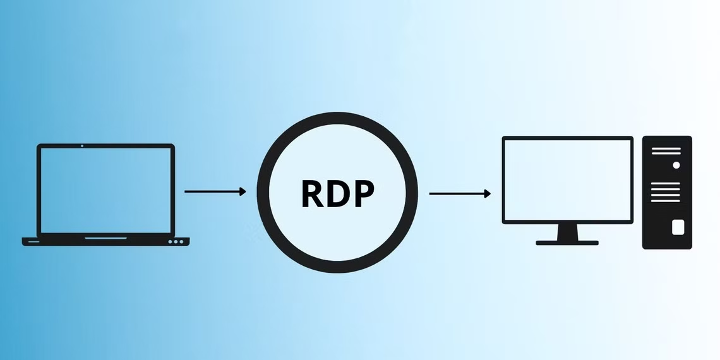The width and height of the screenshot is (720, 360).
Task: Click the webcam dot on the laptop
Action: (82, 146)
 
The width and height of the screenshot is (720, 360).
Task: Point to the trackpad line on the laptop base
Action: (105, 238)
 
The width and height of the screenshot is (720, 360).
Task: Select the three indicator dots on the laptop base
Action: (176, 241)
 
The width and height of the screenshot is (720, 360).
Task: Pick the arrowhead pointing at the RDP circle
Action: (243, 191)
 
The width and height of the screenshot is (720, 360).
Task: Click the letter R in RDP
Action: (313, 194)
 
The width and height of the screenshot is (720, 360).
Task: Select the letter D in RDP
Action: (338, 194)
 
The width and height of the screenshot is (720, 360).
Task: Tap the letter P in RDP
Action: (363, 194)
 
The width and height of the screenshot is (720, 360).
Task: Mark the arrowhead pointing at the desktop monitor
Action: (488, 194)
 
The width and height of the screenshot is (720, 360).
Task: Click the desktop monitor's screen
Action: (567, 179)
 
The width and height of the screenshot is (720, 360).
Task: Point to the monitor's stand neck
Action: (567, 232)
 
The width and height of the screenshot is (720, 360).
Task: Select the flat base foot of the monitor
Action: (567, 243)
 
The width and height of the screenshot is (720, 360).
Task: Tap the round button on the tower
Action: (676, 165)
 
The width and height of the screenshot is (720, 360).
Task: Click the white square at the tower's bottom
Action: (678, 227)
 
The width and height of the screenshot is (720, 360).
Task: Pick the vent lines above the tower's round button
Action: (666, 151)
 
